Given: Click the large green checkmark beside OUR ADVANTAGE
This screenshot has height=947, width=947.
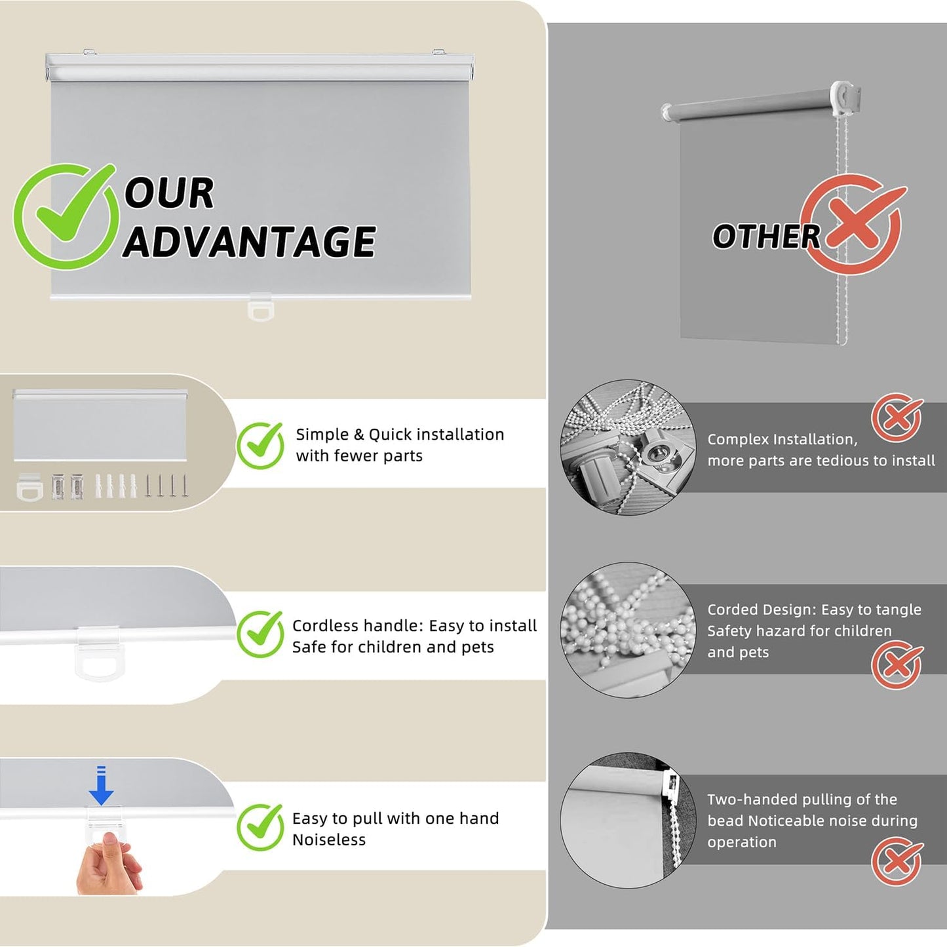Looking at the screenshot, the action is (66, 216).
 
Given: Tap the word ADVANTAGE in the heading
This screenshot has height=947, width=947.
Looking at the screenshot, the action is (249, 241).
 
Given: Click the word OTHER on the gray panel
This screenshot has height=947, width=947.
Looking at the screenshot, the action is (766, 237).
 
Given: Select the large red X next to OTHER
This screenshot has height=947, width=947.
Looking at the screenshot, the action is (853, 223).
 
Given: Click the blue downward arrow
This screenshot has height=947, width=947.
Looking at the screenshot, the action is (101, 785).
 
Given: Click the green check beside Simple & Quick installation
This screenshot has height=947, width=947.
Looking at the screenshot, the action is (260, 445).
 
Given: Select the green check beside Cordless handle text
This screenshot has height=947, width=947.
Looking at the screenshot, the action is (260, 634).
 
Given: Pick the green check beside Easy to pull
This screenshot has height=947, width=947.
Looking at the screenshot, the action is (260, 827).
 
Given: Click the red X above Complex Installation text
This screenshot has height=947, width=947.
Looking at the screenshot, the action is (897, 417).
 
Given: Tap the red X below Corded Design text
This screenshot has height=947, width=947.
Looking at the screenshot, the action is (897, 665).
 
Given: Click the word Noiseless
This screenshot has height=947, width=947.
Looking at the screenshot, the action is (329, 840).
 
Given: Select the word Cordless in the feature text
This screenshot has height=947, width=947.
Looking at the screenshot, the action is (324, 626).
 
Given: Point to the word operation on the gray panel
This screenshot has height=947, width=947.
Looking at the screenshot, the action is (742, 842).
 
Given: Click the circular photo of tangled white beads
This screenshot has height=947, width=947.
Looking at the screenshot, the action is (628, 630).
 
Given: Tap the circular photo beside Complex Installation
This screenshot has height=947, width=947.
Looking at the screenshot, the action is (628, 447).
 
